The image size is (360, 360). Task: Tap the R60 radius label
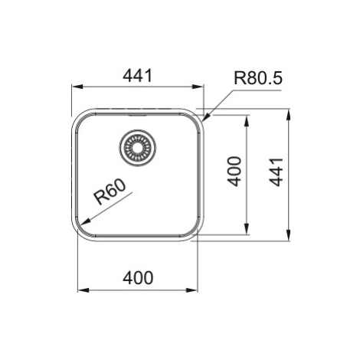click(x=110, y=191)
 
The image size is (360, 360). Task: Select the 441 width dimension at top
click(x=138, y=75)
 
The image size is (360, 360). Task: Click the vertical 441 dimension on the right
click(x=277, y=172)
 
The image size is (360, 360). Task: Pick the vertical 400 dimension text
click(x=234, y=171)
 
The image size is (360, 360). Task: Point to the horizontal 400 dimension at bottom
click(x=138, y=278)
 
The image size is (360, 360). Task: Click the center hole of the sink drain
click(x=138, y=148)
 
